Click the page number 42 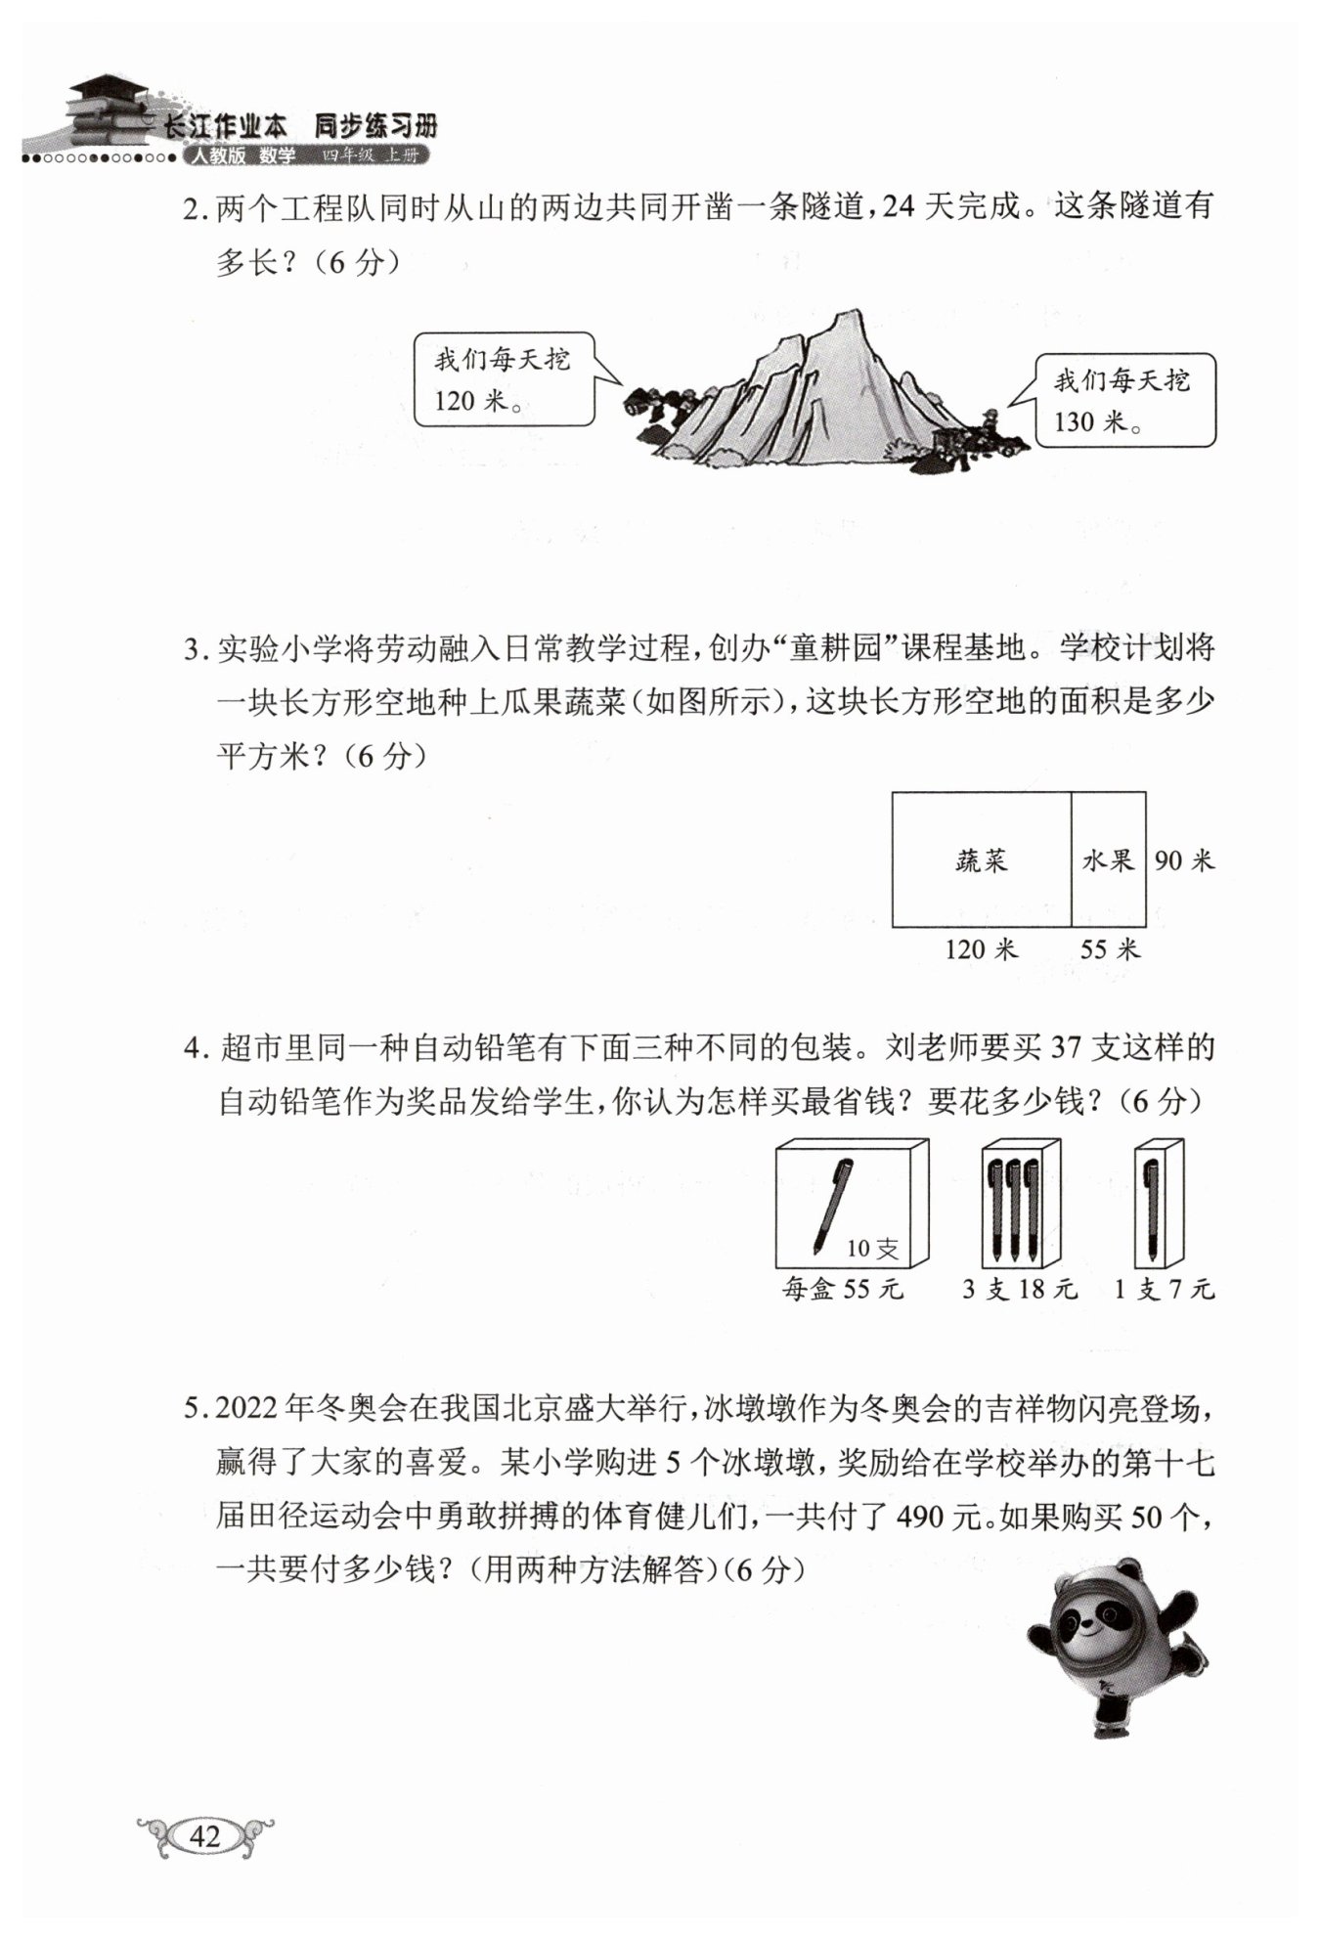pyautogui.click(x=205, y=1835)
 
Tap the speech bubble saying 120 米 pyautogui.click(x=504, y=380)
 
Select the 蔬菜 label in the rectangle pyautogui.click(x=981, y=860)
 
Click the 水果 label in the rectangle pyautogui.click(x=1109, y=860)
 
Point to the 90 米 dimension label pyautogui.click(x=1184, y=860)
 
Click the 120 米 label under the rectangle pyautogui.click(x=981, y=948)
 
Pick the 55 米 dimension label pyautogui.click(x=1110, y=948)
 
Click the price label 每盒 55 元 pyautogui.click(x=843, y=1290)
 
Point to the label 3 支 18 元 pyautogui.click(x=1019, y=1290)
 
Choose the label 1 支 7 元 pyautogui.click(x=1164, y=1290)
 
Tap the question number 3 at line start pyautogui.click(x=193, y=650)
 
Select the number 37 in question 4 pyautogui.click(x=1068, y=1048)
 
